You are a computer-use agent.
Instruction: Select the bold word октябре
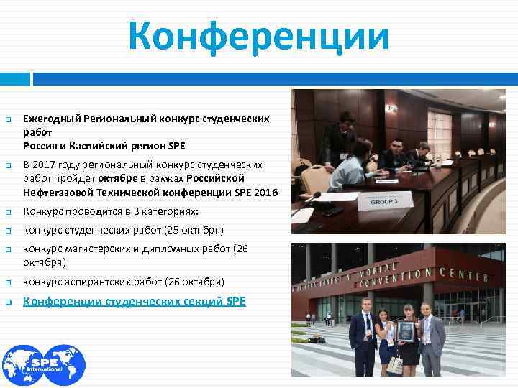click(119, 177)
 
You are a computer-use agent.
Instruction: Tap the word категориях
click(168, 211)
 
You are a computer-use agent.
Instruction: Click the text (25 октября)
click(192, 230)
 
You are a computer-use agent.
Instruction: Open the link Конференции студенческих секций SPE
click(135, 302)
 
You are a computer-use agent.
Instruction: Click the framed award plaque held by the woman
click(406, 331)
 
